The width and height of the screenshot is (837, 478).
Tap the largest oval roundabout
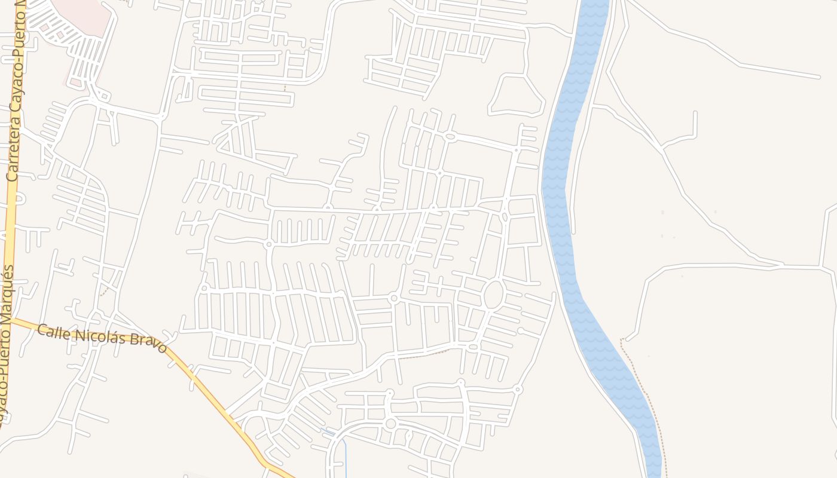click(493, 295)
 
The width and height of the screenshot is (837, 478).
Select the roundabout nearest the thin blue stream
click(390, 424)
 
